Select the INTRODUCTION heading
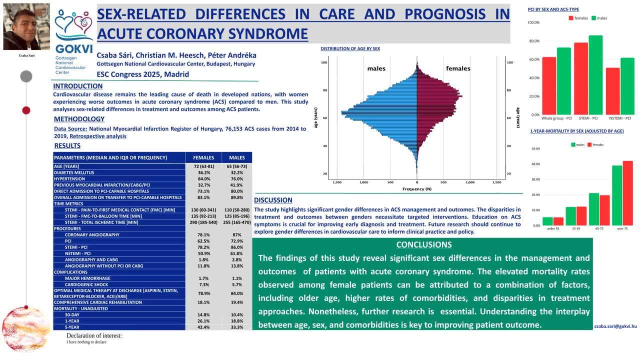(77, 86)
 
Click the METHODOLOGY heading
(79, 119)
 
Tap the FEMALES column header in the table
(203, 157)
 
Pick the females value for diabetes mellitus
(203, 172)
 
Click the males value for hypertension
(237, 179)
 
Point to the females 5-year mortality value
(203, 327)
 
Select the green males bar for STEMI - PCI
(595, 75)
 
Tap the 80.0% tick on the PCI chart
(533, 41)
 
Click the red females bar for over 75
(627, 193)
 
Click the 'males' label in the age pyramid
(376, 68)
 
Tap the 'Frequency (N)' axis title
(416, 189)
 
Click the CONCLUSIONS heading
(423, 244)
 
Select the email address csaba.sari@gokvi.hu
(615, 326)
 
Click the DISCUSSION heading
(273, 200)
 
